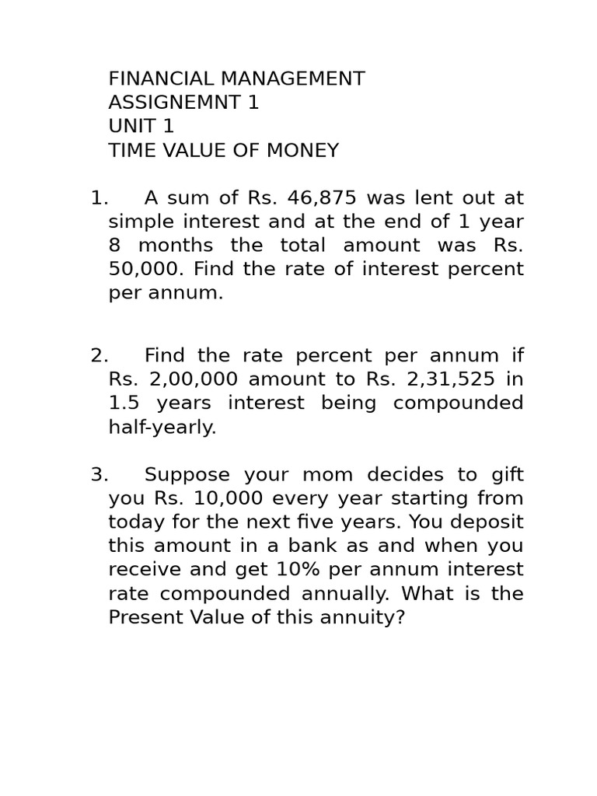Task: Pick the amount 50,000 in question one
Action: click(145, 269)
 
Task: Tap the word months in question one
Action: click(176, 245)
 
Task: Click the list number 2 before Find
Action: click(99, 355)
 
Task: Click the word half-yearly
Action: click(162, 427)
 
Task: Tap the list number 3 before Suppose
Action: click(99, 474)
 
